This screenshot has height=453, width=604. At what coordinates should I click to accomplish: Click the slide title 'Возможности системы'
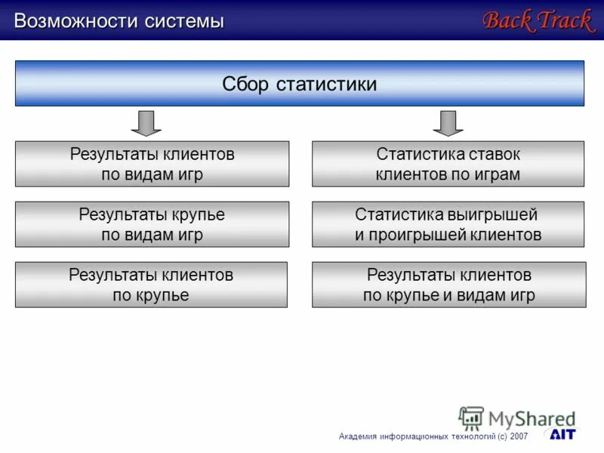click(119, 21)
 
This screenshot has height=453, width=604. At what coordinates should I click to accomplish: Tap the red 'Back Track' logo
click(538, 20)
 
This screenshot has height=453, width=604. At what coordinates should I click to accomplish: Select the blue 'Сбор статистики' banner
click(300, 83)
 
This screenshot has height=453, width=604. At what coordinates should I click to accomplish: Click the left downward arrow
click(146, 122)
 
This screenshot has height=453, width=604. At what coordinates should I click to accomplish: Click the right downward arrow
click(448, 122)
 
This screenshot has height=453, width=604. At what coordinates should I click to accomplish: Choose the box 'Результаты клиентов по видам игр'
click(152, 164)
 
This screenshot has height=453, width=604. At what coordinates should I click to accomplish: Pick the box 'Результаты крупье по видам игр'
click(152, 224)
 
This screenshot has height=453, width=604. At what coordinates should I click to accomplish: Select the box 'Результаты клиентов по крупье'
click(151, 285)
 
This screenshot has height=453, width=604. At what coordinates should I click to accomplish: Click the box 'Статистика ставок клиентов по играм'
click(448, 164)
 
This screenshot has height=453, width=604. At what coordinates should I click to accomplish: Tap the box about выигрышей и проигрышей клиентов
click(448, 224)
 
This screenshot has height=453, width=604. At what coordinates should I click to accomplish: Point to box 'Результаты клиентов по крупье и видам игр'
click(448, 285)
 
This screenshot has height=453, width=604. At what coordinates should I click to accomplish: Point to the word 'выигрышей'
click(491, 214)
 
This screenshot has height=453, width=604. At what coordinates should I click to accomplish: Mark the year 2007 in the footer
click(519, 436)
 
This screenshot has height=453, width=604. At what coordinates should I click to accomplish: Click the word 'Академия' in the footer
click(359, 436)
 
